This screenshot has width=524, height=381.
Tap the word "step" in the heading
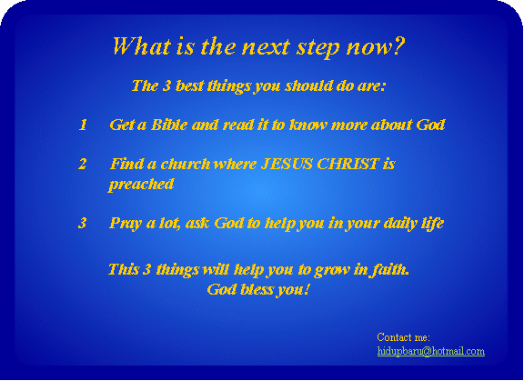point(318,47)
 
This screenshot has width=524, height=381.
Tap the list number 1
point(83,125)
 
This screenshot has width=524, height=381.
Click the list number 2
point(83,164)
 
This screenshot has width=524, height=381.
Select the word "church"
point(186,164)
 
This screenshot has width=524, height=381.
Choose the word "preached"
point(141,185)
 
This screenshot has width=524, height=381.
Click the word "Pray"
point(126,224)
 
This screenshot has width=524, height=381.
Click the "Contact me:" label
point(403,337)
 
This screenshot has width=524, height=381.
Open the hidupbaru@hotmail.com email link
point(431,351)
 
